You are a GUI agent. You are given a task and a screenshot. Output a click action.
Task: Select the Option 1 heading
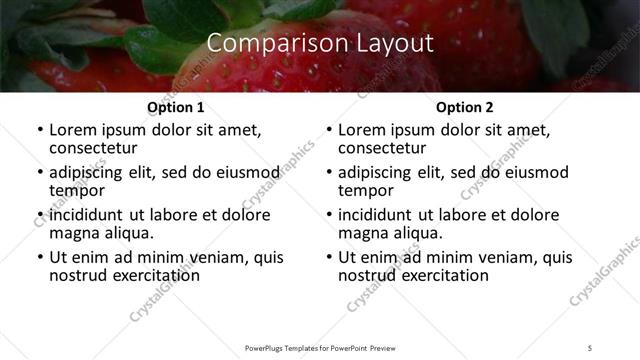click(x=176, y=108)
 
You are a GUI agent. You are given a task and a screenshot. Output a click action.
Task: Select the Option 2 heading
click(x=465, y=108)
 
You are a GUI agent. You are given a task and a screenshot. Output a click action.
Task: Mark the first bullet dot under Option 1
click(x=40, y=131)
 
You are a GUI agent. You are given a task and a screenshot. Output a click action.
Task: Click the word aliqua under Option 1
click(x=125, y=234)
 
